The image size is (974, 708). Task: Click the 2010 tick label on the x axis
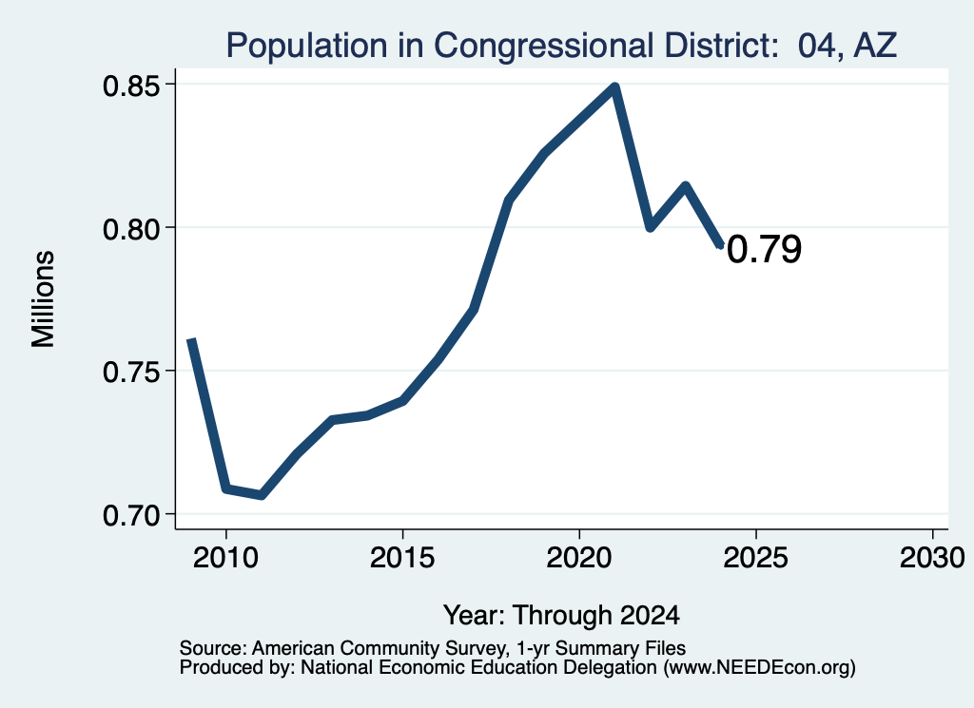pos(225,557)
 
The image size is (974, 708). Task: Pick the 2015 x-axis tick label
pos(402,557)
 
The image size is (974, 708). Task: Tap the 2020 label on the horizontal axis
pos(579,557)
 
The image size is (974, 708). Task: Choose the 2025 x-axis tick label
pos(755,557)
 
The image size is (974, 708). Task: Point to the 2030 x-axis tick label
pos(932,557)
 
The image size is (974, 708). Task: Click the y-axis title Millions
pos(43,299)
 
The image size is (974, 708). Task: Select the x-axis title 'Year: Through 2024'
pos(561,615)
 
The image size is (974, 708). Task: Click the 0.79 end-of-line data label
pos(764,249)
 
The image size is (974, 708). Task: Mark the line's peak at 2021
pos(615,86)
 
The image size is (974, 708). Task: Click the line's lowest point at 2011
pos(262,495)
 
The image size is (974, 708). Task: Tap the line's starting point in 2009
pos(191,340)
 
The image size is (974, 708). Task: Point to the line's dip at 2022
pos(651,227)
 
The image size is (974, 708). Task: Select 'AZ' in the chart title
pos(876,45)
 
